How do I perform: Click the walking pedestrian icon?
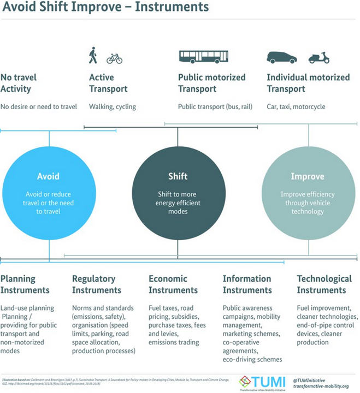(x=92, y=56)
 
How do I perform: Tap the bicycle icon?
(x=114, y=58)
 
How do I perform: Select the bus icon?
(x=203, y=56)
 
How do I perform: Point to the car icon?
(x=281, y=57)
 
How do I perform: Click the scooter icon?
(x=319, y=57)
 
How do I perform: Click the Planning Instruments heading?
(x=25, y=284)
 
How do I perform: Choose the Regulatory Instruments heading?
(x=97, y=284)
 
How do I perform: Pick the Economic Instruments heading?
(x=173, y=284)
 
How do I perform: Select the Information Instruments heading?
(x=247, y=284)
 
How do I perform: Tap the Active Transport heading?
(x=108, y=83)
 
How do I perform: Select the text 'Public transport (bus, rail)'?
(x=215, y=106)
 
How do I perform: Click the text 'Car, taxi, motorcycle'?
(x=296, y=106)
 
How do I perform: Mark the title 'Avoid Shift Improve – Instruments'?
(x=104, y=9)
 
